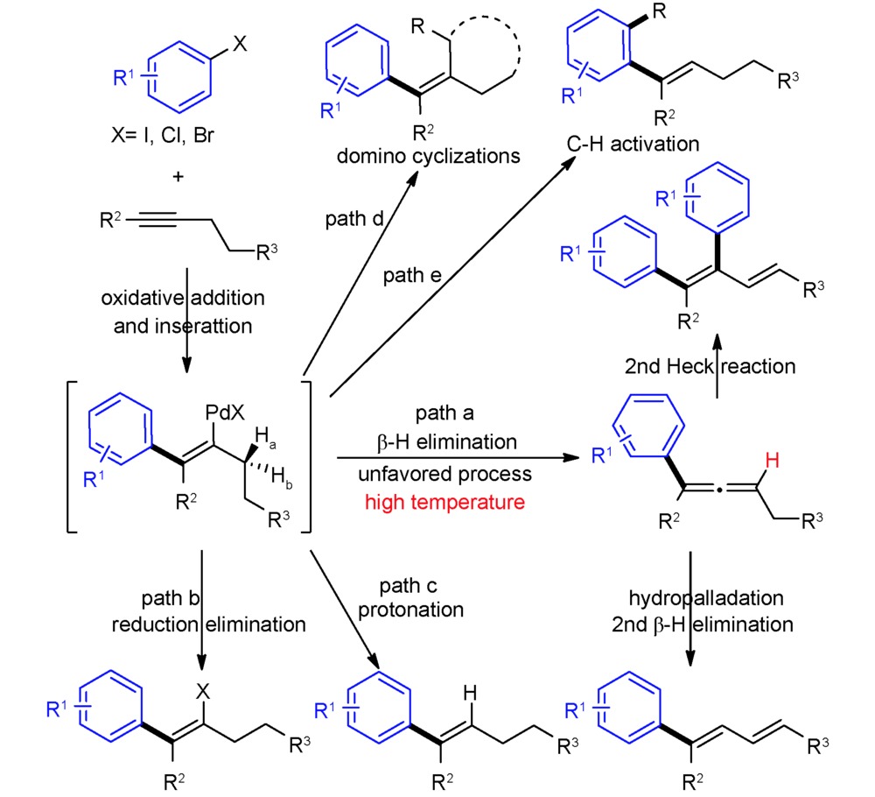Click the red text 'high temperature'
444,502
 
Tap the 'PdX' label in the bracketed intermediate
225,413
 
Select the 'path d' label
354,219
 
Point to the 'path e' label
412,275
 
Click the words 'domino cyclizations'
428,156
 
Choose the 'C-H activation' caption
633,145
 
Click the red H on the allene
773,461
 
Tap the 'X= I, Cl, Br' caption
163,135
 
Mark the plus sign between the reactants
178,177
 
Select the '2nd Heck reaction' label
710,366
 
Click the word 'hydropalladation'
706,598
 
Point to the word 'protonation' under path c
410,610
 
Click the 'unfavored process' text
444,474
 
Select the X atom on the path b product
203,691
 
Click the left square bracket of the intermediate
72,457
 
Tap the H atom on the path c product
471,693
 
